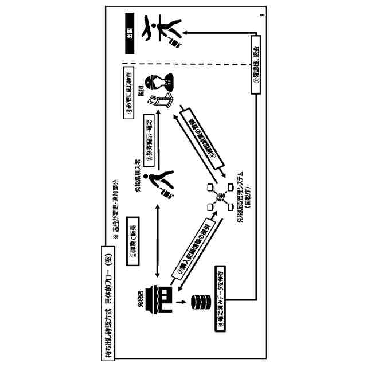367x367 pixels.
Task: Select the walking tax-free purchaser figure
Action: coord(162,183)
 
